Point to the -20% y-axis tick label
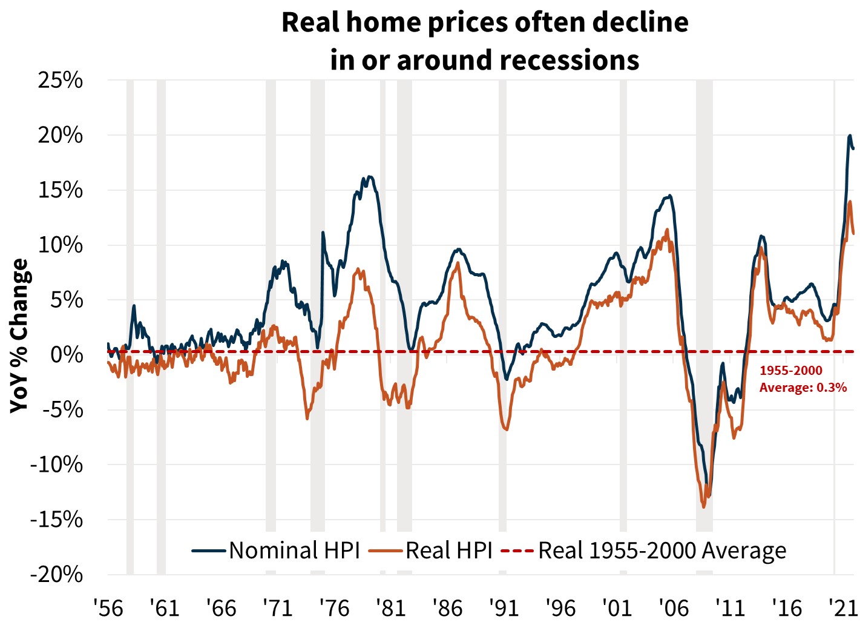(56, 574)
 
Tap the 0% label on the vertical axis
(66, 354)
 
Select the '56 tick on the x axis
(108, 607)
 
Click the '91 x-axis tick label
(504, 607)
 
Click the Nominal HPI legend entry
(294, 551)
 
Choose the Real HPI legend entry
(448, 551)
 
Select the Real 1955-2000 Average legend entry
(662, 551)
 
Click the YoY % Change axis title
(19, 336)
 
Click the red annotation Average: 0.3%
(803, 388)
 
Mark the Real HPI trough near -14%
(703, 507)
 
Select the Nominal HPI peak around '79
(370, 177)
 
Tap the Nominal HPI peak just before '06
(669, 196)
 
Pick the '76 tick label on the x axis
(334, 607)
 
